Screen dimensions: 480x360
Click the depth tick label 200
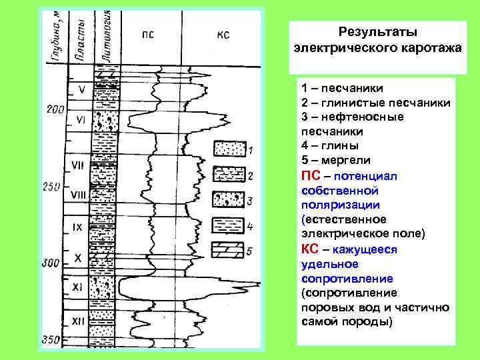coord(54,108)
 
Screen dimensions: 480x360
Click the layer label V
coord(81,88)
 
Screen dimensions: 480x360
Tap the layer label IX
coord(77,227)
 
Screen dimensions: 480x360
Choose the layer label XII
coord(78,321)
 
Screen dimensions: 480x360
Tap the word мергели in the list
coord(343,160)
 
